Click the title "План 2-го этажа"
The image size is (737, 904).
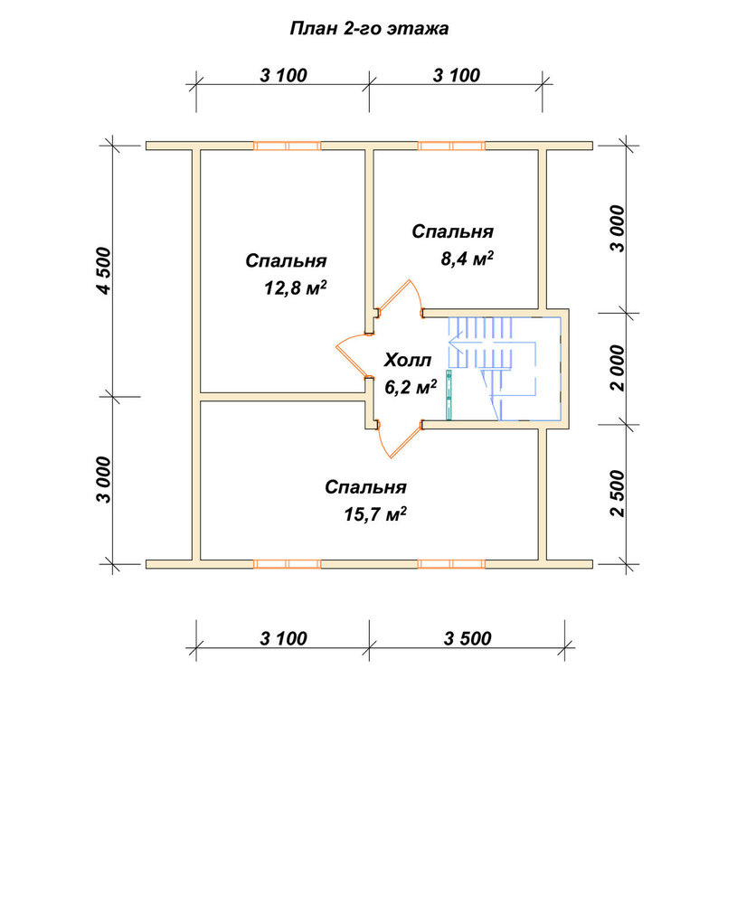pyautogui.click(x=369, y=29)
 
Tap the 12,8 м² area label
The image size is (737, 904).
pyautogui.click(x=296, y=287)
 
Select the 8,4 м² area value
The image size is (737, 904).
pyautogui.click(x=468, y=259)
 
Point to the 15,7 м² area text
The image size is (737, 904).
pyautogui.click(x=375, y=513)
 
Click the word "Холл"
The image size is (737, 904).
pyautogui.click(x=408, y=361)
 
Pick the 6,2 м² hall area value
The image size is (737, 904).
pyautogui.click(x=411, y=387)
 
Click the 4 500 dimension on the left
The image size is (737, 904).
pyautogui.click(x=104, y=270)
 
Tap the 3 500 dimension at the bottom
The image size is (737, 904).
pyautogui.click(x=468, y=638)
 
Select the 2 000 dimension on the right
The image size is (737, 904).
pyautogui.click(x=617, y=369)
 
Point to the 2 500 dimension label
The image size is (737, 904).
pyautogui.click(x=617, y=494)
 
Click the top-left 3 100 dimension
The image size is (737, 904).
pyautogui.click(x=283, y=75)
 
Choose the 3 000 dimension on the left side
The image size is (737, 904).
pyautogui.click(x=104, y=480)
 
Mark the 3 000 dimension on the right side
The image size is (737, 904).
pyautogui.click(x=617, y=229)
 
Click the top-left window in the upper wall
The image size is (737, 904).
pyautogui.click(x=288, y=146)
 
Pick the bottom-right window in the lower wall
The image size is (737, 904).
pyautogui.click(x=451, y=564)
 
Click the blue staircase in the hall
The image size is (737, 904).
pyautogui.click(x=503, y=368)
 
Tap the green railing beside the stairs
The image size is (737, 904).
pyautogui.click(x=449, y=395)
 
